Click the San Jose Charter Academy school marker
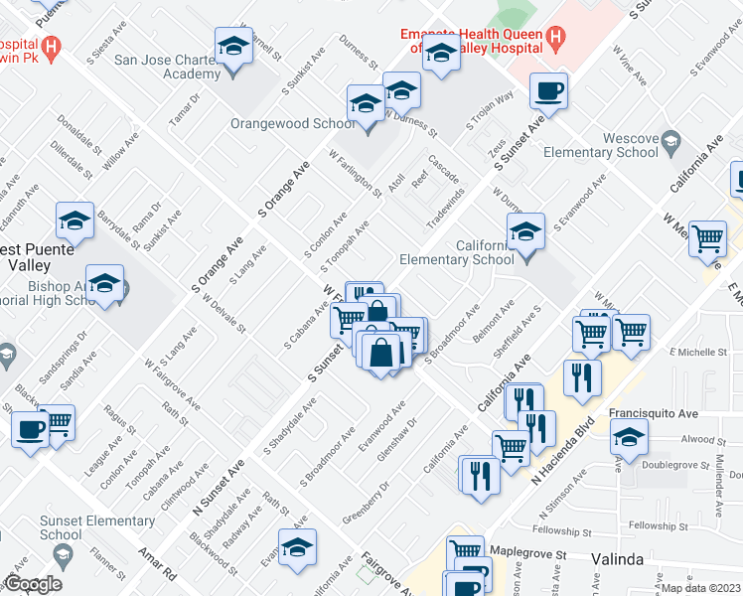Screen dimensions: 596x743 [233, 48]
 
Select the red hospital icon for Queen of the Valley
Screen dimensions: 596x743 [555, 40]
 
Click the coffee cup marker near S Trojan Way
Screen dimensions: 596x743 [548, 92]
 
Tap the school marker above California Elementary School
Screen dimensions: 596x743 [525, 234]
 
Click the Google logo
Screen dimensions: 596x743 [33, 584]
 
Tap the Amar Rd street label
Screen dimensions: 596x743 [157, 564]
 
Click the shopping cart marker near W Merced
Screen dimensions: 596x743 [706, 239]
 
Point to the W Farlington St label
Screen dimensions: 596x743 [355, 173]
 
